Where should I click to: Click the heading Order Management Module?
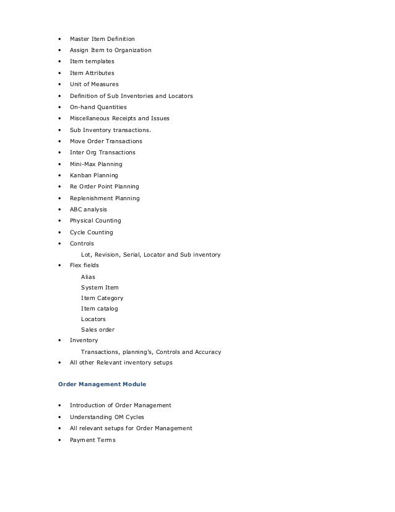[x=102, y=384]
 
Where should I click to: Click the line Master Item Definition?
[x=102, y=38]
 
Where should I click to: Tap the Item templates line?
[x=92, y=61]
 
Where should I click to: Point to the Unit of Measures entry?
[x=94, y=84]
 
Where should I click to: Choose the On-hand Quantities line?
[x=98, y=107]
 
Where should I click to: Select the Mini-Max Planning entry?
[x=96, y=164]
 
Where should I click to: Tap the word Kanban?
[x=80, y=175]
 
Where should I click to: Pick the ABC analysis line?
[x=88, y=210]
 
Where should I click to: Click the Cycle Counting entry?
[x=91, y=232]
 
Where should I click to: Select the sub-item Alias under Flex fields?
[x=88, y=276]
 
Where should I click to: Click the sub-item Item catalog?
[x=99, y=308]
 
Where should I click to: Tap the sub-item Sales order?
[x=98, y=330]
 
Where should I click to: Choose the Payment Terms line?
[x=92, y=440]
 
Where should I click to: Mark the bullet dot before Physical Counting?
[x=59, y=221]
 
